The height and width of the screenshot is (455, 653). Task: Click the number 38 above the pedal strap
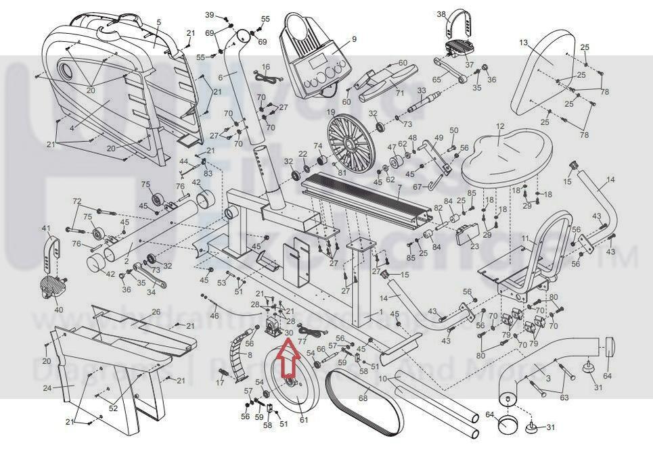click(441, 14)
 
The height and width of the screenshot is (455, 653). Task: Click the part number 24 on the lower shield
click(47, 388)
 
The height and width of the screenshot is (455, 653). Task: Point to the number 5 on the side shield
click(158, 22)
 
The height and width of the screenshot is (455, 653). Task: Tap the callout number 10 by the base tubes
click(383, 379)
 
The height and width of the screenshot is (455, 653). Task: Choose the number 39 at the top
click(210, 14)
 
